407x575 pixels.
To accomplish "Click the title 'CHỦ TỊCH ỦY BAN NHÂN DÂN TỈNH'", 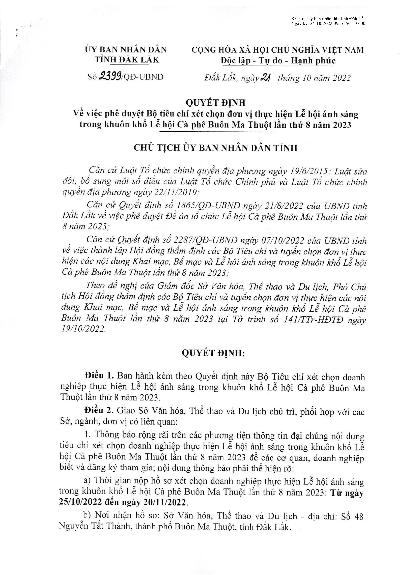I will pyautogui.click(x=215, y=148).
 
